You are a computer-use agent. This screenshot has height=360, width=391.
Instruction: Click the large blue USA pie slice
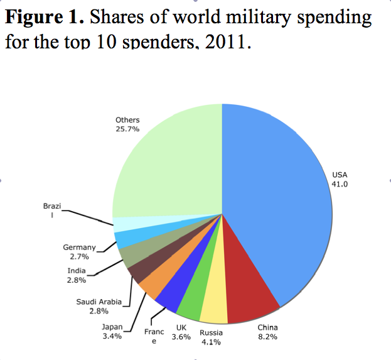[x=276, y=201]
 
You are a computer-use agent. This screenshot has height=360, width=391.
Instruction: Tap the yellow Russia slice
[x=213, y=308]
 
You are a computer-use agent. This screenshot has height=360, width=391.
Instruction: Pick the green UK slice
[x=190, y=306]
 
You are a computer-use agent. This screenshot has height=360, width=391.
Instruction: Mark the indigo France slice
[x=168, y=298]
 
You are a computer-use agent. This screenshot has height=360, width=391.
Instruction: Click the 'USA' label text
[x=339, y=175]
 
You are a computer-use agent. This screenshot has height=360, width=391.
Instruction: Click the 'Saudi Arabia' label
[x=99, y=302]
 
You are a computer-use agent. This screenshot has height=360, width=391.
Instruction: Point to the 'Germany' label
[x=79, y=248]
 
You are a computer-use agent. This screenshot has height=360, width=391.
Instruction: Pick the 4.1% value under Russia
[x=210, y=342]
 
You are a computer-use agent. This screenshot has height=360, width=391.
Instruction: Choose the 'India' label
[x=77, y=271]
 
